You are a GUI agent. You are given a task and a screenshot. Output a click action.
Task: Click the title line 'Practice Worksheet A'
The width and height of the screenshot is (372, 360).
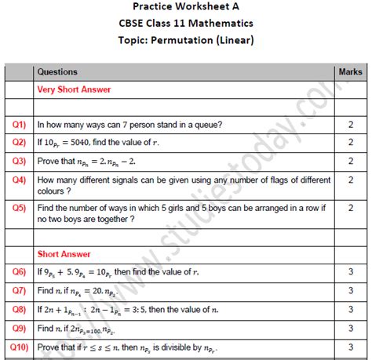coord(185,7)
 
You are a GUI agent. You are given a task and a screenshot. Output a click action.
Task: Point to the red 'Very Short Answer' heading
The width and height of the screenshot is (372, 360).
coord(74,89)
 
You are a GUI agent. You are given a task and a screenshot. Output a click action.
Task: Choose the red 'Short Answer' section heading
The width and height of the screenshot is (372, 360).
coord(64,254)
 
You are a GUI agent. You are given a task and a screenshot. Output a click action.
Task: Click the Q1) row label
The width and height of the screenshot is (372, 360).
coord(20,125)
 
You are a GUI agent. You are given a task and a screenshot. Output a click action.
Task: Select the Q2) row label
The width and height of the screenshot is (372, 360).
coord(20,143)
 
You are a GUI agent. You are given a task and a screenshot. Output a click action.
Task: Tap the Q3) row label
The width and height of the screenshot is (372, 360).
coord(20,161)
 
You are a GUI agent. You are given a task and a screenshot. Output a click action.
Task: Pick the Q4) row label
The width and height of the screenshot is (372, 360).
coord(20,180)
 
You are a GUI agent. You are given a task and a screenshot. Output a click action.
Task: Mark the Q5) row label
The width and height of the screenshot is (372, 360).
coord(20,208)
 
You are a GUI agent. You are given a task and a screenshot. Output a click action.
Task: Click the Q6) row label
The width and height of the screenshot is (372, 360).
coord(20,272)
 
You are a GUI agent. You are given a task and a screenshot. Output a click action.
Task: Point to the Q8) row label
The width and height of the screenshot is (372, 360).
coord(20,309)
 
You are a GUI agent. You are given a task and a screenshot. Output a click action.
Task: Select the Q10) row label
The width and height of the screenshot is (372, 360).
coord(18,346)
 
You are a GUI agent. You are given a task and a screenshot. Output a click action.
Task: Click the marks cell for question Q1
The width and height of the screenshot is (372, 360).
coord(350,125)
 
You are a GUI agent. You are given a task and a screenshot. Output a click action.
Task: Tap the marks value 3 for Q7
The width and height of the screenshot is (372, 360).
coord(350,290)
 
